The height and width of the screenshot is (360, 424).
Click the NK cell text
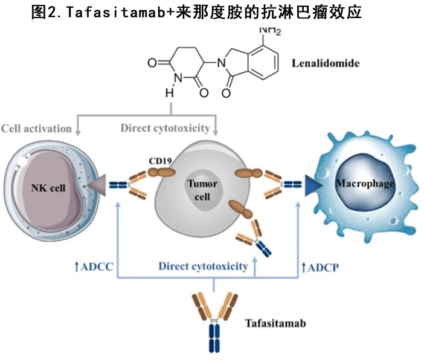48,187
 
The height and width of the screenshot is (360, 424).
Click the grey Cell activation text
36,129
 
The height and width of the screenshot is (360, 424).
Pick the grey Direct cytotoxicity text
165,128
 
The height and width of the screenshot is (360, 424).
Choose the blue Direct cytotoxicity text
203,265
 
